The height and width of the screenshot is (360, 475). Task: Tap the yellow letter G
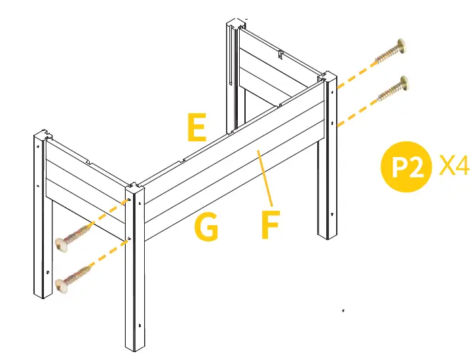pos(206,228)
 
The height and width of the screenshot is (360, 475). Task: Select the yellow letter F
pos(269,225)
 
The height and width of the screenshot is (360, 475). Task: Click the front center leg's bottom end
pos(134,346)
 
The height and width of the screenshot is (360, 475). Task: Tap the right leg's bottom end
pos(327,235)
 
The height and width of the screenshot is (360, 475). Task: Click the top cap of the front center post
pos(134,188)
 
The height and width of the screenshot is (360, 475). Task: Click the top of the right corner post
pos(328,77)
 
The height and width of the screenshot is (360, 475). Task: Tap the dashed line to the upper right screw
pos(357,72)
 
